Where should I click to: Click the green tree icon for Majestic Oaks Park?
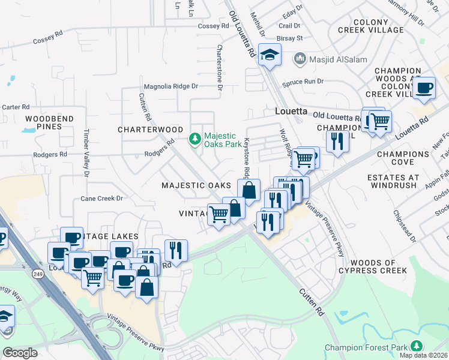coord(194,139)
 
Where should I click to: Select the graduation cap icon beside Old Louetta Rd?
coord(270,55)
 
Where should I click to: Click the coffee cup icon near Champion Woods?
coord(424,88)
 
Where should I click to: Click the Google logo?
coord(20,353)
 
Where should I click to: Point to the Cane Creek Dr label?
coord(101,198)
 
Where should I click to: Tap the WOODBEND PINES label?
coord(49,123)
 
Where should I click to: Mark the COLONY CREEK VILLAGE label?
coord(379,26)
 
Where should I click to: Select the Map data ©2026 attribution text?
coord(424,355)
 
